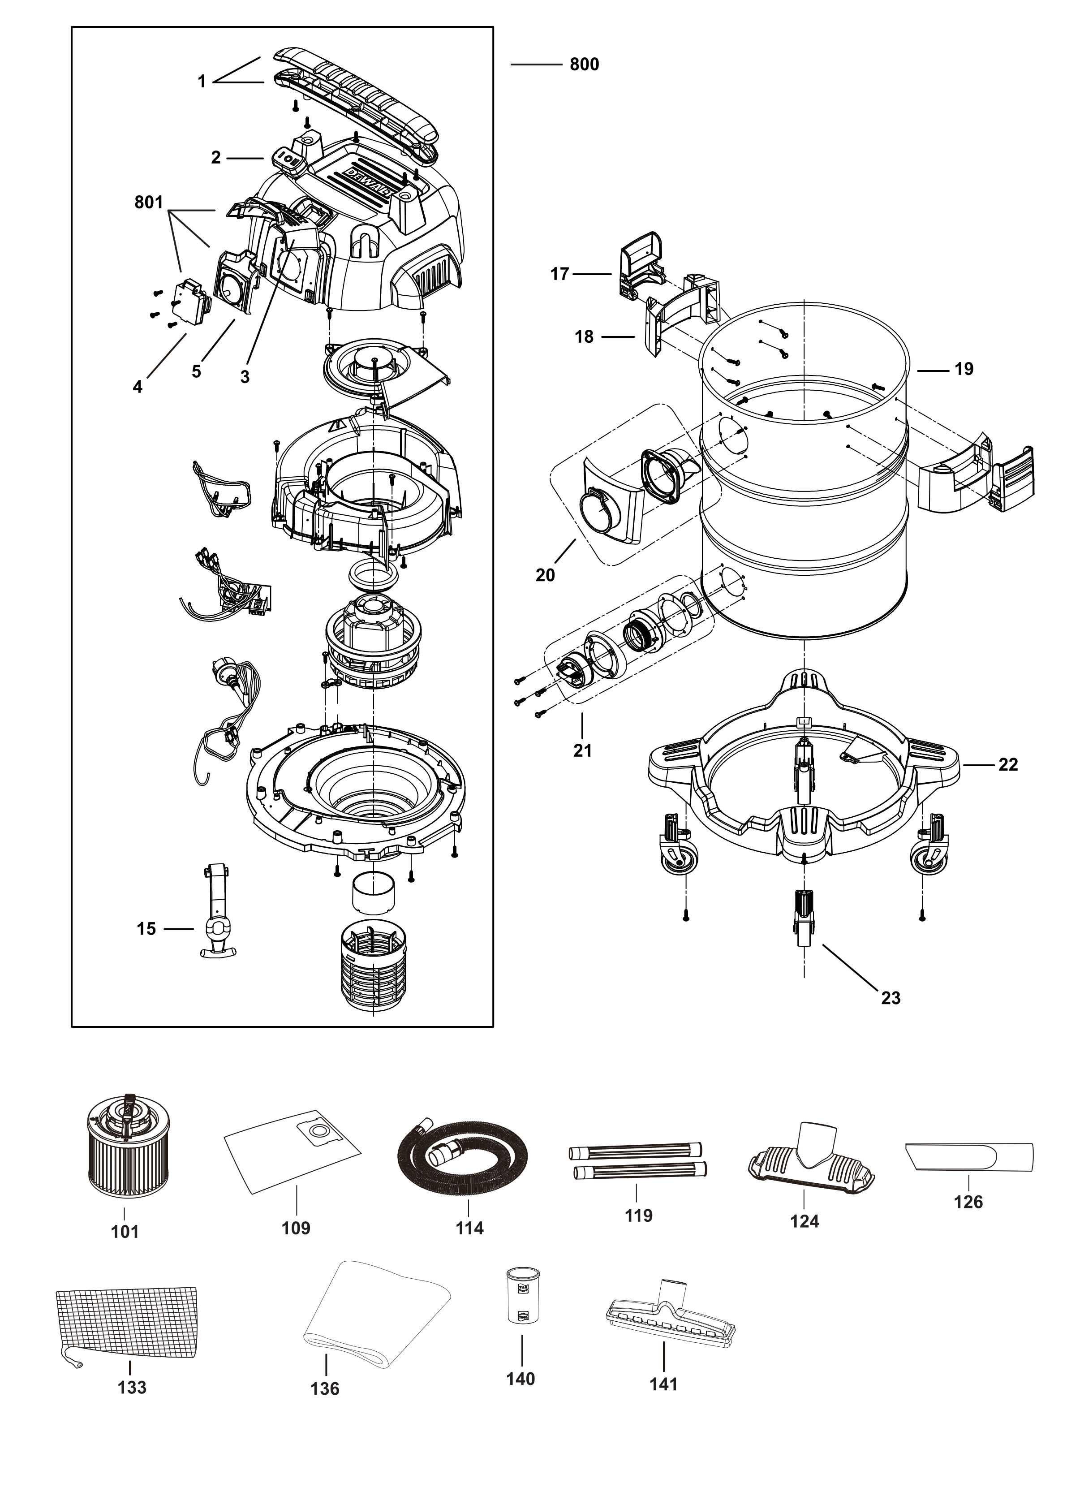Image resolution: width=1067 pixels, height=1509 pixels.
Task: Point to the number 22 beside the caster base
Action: (x=1007, y=765)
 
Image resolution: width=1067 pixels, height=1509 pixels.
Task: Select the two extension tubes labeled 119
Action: (x=637, y=1161)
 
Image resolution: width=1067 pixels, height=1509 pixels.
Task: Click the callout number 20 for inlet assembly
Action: (x=545, y=575)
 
